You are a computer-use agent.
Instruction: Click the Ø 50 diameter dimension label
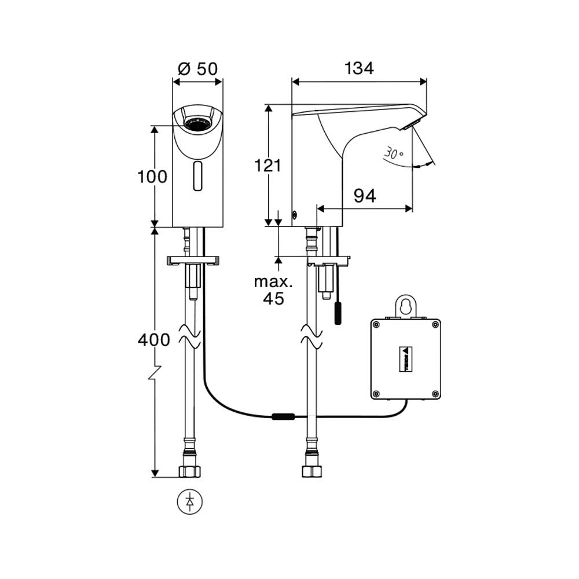(x=198, y=68)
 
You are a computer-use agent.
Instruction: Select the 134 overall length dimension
(x=359, y=68)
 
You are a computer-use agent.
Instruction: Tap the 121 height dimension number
(x=268, y=166)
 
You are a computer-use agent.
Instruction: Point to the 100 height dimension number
(x=152, y=177)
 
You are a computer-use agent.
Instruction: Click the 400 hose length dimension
(x=154, y=340)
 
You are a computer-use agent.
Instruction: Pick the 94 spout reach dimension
(x=365, y=196)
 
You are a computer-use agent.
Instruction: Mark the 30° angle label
(x=394, y=153)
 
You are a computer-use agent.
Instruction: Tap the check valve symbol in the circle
(x=190, y=501)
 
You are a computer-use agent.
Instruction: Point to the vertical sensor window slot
(x=198, y=176)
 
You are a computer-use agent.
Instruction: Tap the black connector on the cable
(x=283, y=416)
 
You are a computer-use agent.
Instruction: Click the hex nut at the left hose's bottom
(x=189, y=471)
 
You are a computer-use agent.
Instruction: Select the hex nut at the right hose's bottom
(x=311, y=471)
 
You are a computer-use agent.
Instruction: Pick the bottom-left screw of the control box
(x=377, y=394)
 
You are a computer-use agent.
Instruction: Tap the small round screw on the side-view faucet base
(x=295, y=215)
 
